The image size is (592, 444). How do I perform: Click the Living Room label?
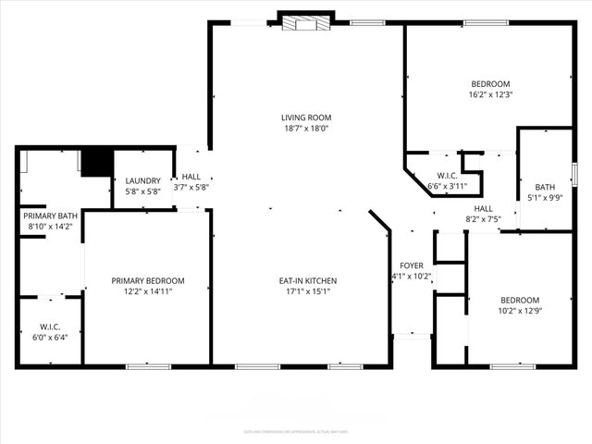point(306,117)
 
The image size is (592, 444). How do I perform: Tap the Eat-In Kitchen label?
point(308,280)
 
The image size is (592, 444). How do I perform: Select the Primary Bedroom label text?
point(147,280)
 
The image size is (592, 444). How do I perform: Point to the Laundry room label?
point(142,180)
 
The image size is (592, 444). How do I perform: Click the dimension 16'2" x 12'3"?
point(490,94)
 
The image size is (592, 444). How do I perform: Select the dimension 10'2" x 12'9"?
point(519,311)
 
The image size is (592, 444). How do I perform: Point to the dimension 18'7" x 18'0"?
point(306,129)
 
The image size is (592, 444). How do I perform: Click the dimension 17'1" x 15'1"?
point(308,291)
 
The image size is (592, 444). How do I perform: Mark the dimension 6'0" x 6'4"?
point(50,337)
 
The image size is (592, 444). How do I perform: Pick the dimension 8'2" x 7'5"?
point(483,219)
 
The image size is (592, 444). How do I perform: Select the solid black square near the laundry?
point(95,163)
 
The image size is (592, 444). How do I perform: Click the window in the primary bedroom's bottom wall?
point(148,367)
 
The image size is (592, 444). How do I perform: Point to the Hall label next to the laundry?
point(191,176)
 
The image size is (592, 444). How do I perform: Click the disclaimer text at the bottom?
point(295,431)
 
